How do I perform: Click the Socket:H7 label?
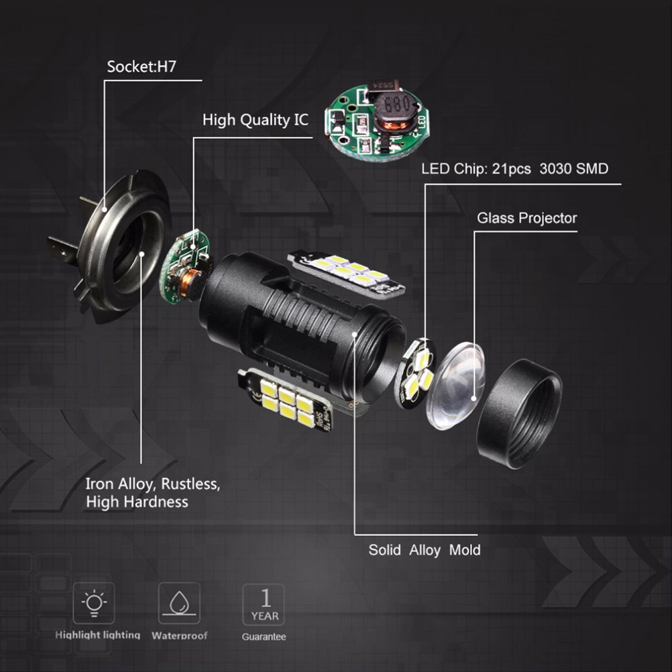(142, 66)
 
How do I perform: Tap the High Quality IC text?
(256, 120)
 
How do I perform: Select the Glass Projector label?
(526, 218)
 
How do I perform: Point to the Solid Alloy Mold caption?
(425, 550)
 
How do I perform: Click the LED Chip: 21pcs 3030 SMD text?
(514, 168)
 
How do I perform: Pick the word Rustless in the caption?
(190, 484)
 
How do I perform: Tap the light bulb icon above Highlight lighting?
(94, 603)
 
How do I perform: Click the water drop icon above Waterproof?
(179, 603)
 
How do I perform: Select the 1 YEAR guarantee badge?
(264, 604)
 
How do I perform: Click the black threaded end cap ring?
(520, 414)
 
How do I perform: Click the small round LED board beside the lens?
(415, 373)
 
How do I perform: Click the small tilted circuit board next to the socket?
(186, 266)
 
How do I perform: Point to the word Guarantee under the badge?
(264, 637)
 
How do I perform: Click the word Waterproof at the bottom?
(180, 636)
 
